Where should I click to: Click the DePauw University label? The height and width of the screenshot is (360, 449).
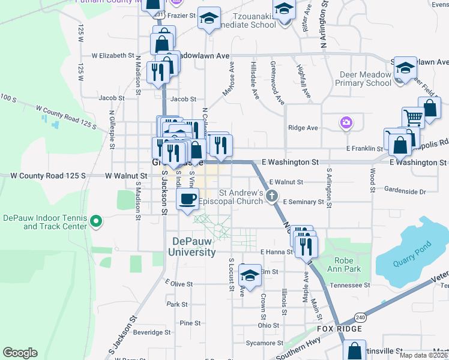(x=194, y=247)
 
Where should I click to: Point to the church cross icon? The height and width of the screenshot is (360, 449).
(x=272, y=195)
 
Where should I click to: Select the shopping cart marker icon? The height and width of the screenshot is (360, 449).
(x=412, y=118)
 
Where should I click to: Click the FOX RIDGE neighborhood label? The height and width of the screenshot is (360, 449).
(x=340, y=329)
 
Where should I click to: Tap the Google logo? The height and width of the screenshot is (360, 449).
(x=20, y=353)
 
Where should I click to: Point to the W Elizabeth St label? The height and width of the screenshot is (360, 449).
(x=112, y=55)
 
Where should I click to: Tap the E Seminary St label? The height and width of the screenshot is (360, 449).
(x=303, y=202)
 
